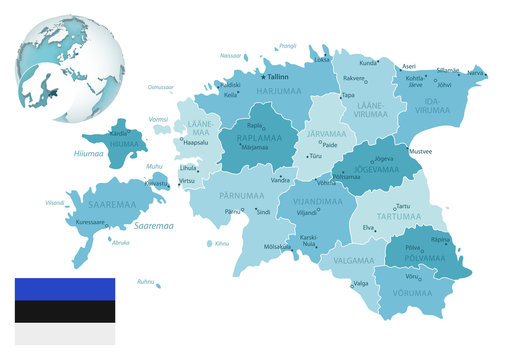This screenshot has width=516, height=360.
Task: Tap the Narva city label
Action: click(x=476, y=73)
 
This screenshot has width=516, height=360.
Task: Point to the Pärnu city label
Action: click(x=233, y=212)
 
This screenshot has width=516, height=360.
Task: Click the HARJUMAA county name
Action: click(x=278, y=91)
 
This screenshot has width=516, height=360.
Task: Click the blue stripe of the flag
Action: click(x=64, y=290)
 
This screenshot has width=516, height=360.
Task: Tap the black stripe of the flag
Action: click(x=64, y=311)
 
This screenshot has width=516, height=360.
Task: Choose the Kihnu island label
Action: click(x=222, y=243)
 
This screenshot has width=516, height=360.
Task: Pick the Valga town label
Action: click(x=361, y=283)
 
